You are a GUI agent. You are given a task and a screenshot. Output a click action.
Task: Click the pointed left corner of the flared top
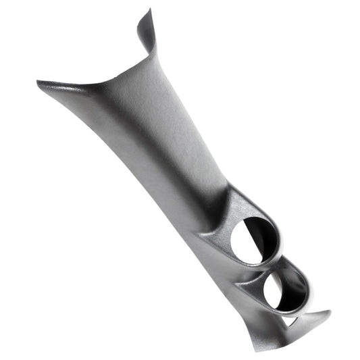pos(38,83)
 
